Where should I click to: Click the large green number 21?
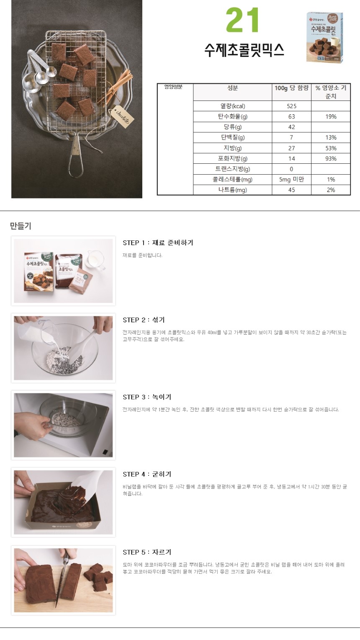[243, 21]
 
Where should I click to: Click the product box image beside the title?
[324, 37]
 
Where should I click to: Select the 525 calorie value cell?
[291, 106]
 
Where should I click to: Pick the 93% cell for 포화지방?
[331, 159]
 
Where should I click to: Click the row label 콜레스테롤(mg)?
[232, 180]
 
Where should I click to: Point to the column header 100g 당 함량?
[291, 88]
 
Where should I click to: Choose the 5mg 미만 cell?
[291, 180]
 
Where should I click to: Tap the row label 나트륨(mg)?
[232, 190]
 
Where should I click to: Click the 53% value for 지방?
[331, 148]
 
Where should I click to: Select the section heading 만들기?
[21, 226]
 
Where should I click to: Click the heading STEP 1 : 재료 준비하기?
[158, 243]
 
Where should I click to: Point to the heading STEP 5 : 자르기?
[147, 552]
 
